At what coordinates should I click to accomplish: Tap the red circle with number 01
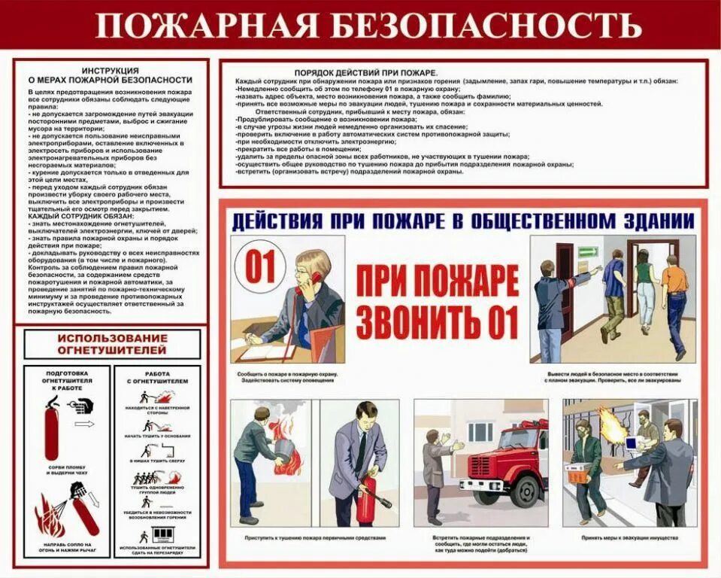pos(261,269)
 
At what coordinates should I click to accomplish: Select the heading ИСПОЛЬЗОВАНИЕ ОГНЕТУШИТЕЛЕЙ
pos(112,343)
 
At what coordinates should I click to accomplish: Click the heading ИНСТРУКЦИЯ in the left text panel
pos(110,69)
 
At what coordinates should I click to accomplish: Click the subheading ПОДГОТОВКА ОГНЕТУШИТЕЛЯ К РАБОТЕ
pos(68,382)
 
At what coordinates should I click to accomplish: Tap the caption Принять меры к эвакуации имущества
pos(630,538)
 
